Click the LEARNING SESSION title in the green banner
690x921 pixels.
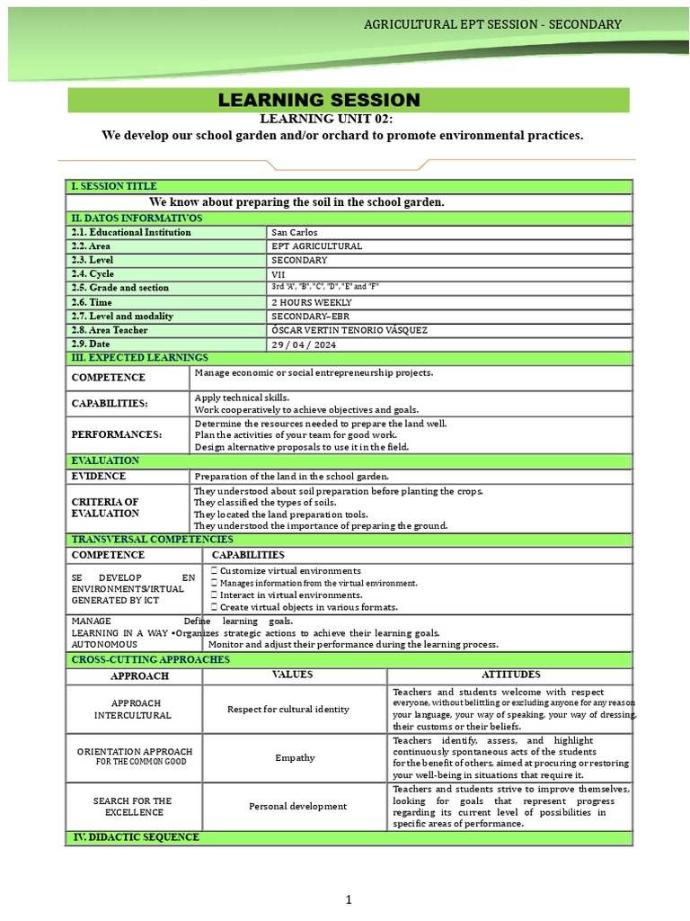(x=319, y=100)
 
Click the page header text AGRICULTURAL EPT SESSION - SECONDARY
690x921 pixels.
(x=492, y=24)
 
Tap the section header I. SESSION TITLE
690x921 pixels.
(x=114, y=186)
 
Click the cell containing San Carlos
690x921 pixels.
(x=294, y=232)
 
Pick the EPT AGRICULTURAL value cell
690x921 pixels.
(x=316, y=246)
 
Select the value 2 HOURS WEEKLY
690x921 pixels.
(x=312, y=302)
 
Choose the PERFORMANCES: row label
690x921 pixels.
(x=117, y=434)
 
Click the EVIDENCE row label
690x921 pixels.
(x=99, y=476)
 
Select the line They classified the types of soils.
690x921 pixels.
(x=265, y=502)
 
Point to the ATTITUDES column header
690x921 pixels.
(x=510, y=675)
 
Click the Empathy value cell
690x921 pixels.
(x=295, y=757)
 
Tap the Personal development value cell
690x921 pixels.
(x=297, y=806)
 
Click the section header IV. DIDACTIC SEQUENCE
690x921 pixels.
(x=136, y=837)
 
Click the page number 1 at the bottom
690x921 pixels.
(x=349, y=899)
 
